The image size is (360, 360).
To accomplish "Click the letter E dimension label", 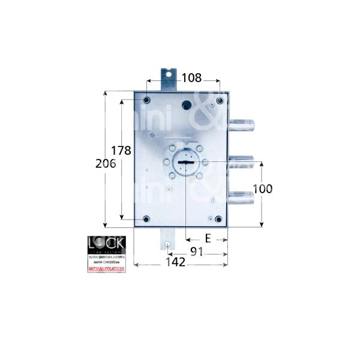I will click(208, 239).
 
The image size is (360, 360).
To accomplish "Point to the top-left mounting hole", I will click(146, 98).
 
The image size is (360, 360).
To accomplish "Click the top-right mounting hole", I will click(219, 98).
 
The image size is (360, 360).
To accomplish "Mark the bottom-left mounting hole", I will click(146, 218).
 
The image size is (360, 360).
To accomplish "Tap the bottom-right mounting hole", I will click(218, 218).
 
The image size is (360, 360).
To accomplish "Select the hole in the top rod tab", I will click(168, 75).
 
